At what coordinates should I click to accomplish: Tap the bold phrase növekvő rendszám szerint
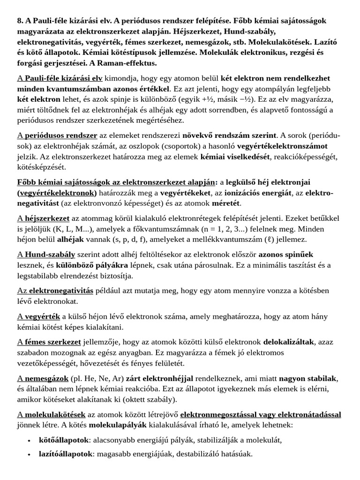tap(230, 135)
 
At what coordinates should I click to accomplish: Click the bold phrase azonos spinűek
tap(286, 255)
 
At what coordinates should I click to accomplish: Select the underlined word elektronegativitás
tap(61, 290)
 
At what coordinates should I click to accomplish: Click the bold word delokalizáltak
tap(288, 342)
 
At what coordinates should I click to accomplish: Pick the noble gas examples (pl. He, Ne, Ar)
tap(97, 378)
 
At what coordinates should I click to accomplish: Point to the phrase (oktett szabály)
tap(149, 399)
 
